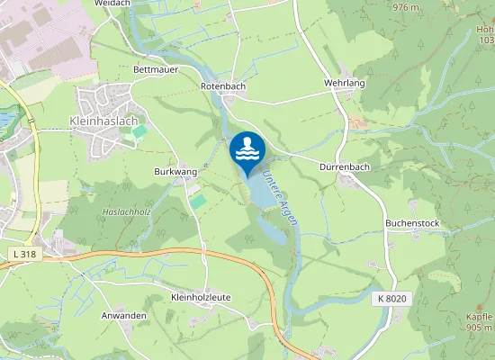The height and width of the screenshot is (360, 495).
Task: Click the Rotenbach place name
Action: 222,85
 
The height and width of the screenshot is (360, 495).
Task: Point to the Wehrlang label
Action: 344,82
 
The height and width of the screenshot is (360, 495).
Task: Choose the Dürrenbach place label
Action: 345,166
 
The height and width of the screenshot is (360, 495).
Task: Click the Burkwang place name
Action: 175,170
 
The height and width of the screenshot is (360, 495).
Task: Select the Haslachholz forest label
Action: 125,211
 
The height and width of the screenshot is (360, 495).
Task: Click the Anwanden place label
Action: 123,316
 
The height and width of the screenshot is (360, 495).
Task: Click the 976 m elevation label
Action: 406,7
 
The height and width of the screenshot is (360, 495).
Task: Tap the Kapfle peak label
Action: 480,317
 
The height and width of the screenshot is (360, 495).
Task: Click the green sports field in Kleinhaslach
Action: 139,132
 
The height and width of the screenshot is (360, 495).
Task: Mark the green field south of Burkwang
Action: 198,202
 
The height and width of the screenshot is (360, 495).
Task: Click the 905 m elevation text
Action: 481,328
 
